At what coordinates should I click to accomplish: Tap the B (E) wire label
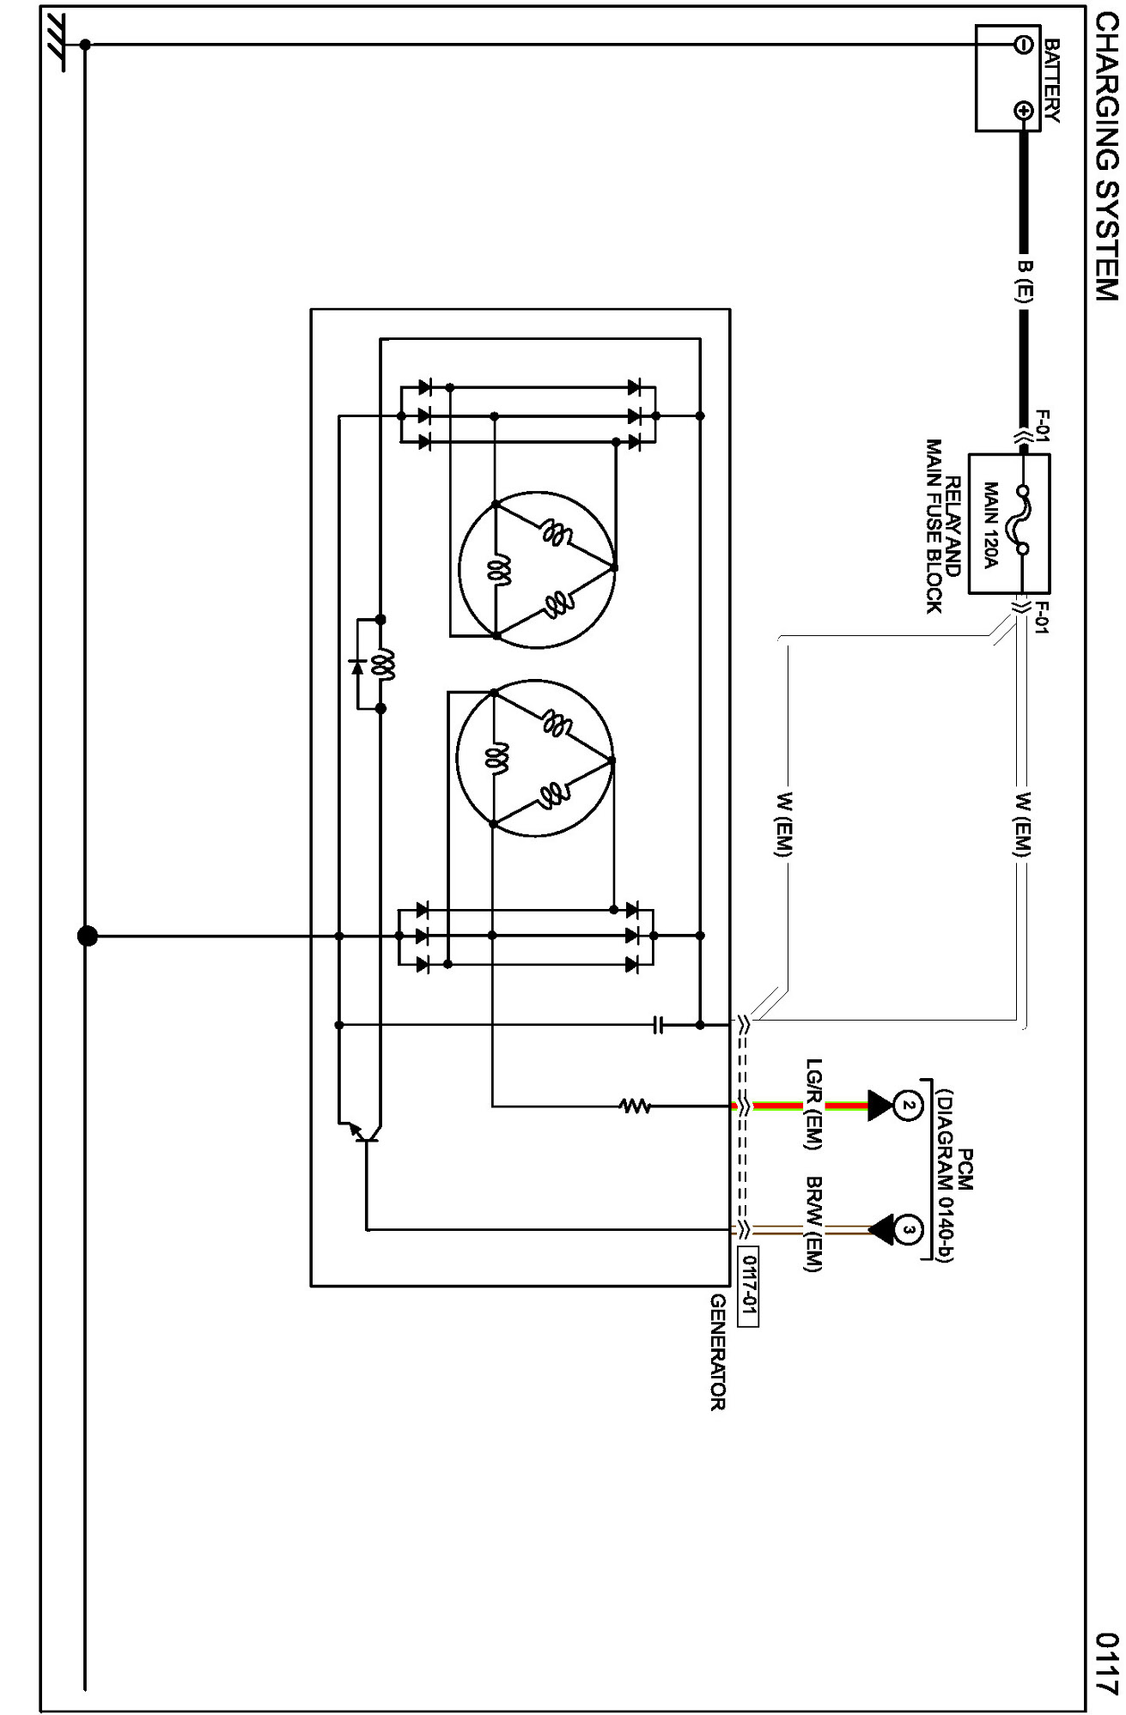[1025, 281]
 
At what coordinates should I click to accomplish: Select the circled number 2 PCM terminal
[908, 1106]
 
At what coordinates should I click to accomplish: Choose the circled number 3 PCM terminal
[908, 1229]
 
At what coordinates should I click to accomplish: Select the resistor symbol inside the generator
[636, 1106]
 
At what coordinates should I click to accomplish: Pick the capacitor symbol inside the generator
[659, 1025]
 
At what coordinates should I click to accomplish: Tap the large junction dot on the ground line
[87, 936]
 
